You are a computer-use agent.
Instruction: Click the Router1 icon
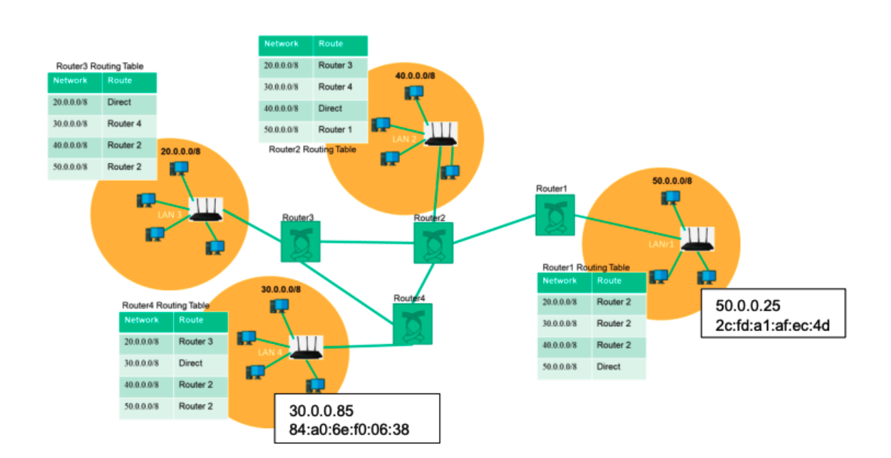coord(555,214)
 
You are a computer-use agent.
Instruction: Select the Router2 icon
coord(433,243)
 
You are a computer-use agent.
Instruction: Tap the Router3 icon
coord(300,241)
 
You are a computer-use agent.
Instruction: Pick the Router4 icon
coord(412,324)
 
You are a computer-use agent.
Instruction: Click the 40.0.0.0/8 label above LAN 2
coord(414,76)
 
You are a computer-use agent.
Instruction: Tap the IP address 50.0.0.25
coord(748,306)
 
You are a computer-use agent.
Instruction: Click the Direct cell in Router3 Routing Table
coord(120,103)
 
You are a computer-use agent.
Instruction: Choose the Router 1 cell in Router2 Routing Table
coord(335,130)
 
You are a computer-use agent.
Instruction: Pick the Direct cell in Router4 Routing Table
coord(191,363)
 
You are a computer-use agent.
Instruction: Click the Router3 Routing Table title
coord(100,66)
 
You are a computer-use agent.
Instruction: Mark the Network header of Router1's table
coord(560,281)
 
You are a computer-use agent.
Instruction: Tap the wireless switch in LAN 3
coord(206,209)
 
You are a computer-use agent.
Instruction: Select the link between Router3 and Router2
coord(366,242)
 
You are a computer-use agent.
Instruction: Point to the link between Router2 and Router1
coord(493,229)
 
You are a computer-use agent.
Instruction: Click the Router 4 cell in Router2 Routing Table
coord(335,87)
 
